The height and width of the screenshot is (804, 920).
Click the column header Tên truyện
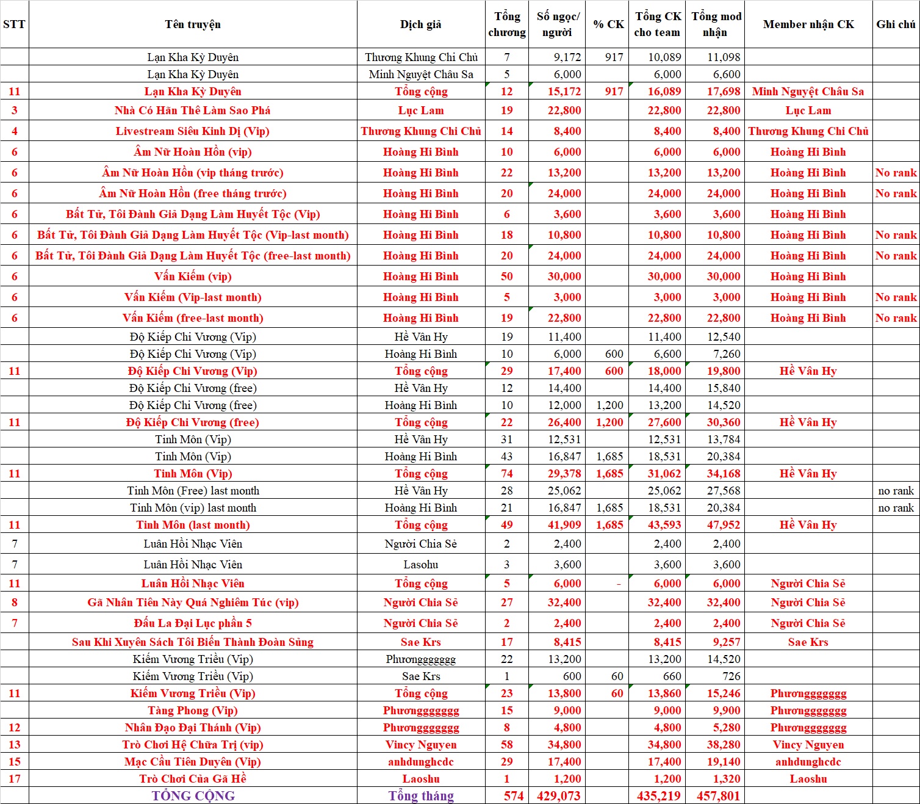(x=193, y=24)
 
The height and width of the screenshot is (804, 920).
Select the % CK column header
(x=608, y=24)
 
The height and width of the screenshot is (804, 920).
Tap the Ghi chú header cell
(x=896, y=24)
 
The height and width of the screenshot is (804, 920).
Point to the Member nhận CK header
(x=808, y=24)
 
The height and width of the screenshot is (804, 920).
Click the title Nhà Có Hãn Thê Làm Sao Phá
(x=192, y=110)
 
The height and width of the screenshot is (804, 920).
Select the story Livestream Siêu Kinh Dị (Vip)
(x=192, y=131)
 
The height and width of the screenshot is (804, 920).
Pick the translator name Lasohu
(x=420, y=565)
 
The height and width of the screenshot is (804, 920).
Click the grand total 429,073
(x=559, y=796)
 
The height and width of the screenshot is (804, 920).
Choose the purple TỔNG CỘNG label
(x=193, y=796)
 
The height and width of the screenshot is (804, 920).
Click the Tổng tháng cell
(x=420, y=796)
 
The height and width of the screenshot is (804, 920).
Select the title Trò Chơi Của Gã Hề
(x=192, y=779)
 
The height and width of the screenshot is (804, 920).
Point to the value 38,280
(x=723, y=745)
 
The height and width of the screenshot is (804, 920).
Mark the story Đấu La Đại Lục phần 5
(x=192, y=623)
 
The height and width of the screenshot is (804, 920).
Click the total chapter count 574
(x=513, y=796)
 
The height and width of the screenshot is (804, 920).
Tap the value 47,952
(x=723, y=525)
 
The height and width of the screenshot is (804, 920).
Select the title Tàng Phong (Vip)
(x=192, y=711)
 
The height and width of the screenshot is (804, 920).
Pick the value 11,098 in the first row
(x=723, y=57)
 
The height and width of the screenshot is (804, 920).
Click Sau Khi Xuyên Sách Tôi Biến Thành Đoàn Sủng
(x=192, y=642)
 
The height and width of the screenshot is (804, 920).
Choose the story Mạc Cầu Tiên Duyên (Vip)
(x=192, y=762)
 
